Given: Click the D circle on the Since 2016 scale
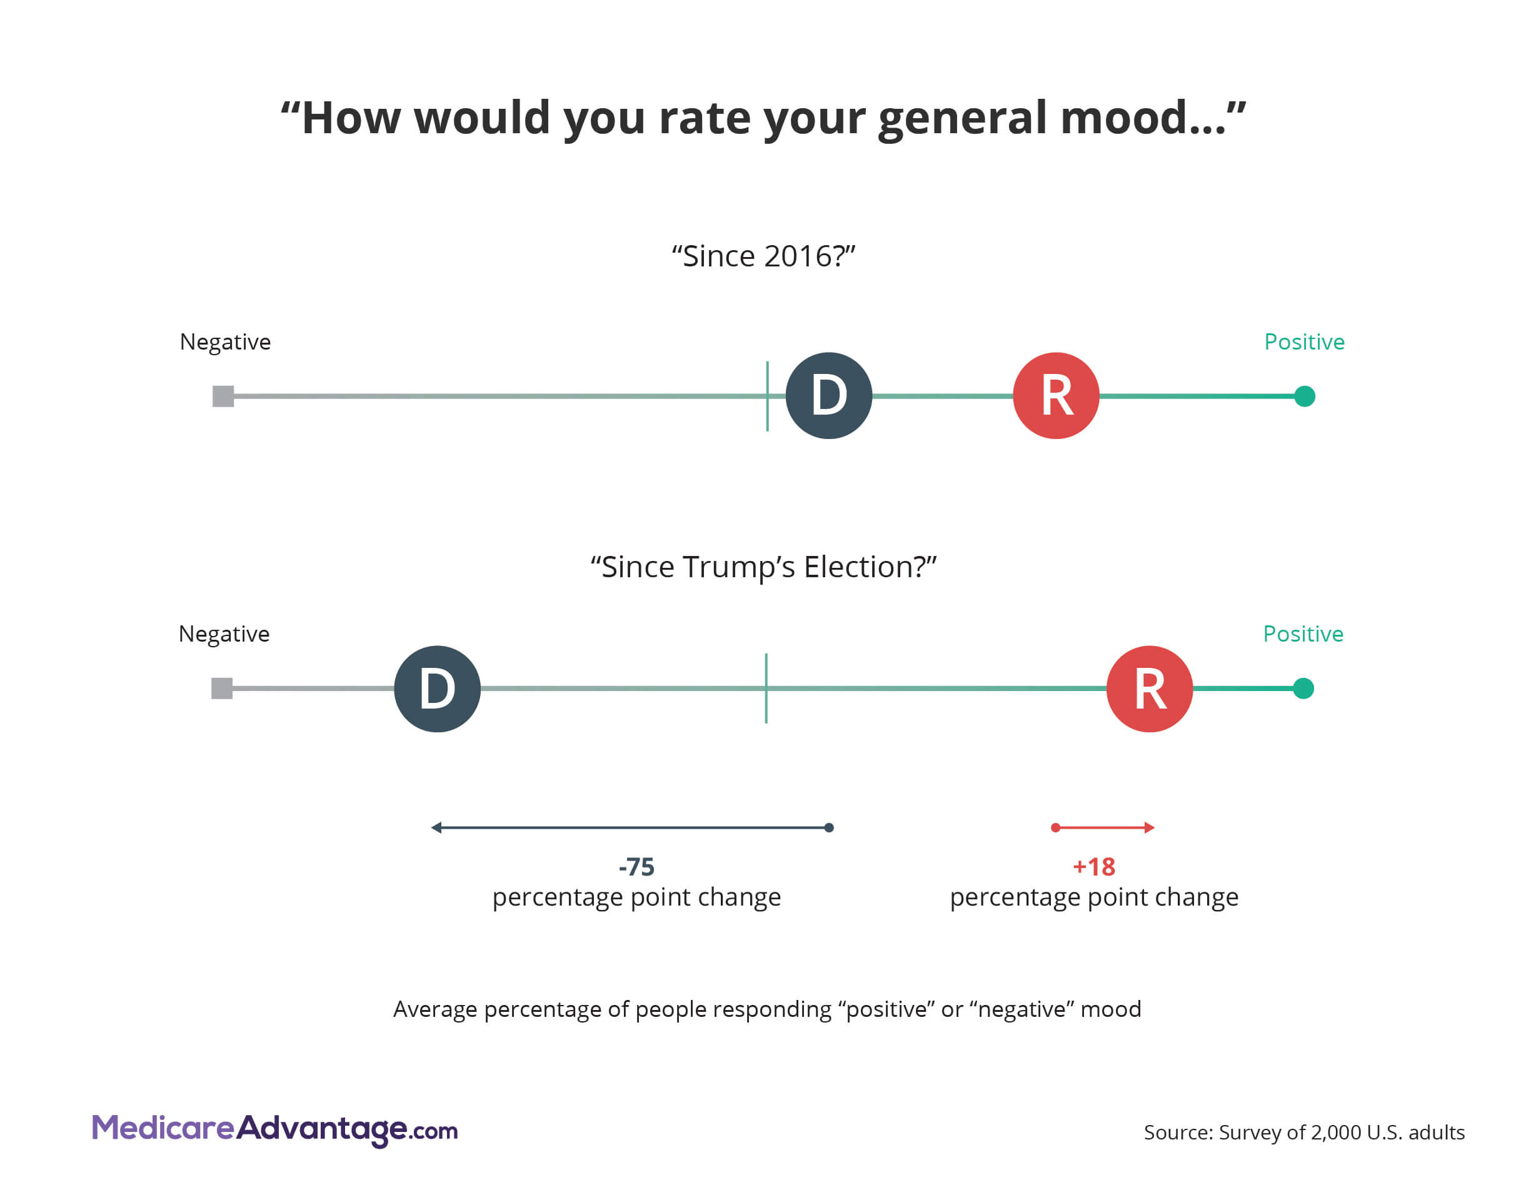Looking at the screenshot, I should coord(828,395).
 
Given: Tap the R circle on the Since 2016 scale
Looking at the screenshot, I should coord(1055,395).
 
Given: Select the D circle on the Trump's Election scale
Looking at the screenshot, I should coord(437,689).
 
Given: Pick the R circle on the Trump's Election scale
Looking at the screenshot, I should coord(1149,689).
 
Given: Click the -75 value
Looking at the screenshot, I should coord(636,866).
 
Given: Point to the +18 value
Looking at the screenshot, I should coord(1093,866).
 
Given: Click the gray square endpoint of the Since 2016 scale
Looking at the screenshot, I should coord(223,396).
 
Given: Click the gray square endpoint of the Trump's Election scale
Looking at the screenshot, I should coord(222,689).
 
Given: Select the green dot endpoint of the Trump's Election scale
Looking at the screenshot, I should coord(1303,689).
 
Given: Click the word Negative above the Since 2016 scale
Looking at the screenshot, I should coord(225,342).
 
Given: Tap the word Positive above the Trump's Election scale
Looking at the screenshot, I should coord(1303,634).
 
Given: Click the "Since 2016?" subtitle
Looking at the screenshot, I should coord(763,256).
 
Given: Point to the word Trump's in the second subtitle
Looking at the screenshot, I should coord(739,567).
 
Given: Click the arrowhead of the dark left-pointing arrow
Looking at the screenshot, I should coord(436,827).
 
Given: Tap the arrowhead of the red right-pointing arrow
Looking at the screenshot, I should coord(1149,827).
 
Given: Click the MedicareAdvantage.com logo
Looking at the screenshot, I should coord(274,1129).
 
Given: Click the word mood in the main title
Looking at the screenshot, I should coord(1143,118).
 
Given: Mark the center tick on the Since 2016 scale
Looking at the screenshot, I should coord(767,395).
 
